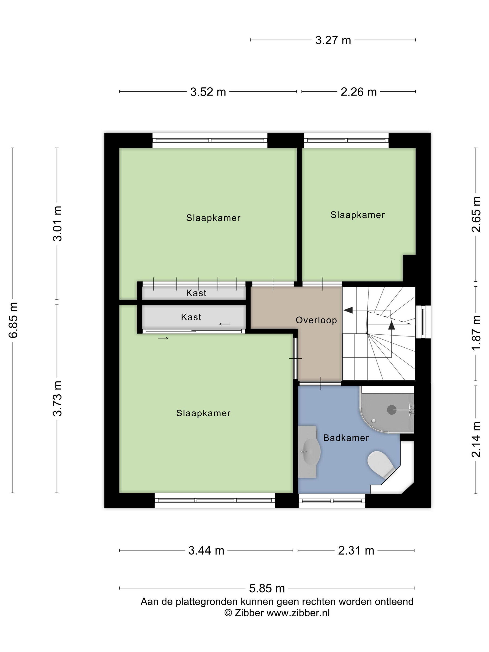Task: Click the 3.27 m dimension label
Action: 333,40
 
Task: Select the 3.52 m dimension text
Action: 208,92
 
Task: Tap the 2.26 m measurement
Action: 358,92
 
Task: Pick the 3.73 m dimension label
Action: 58,398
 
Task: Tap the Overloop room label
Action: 316,320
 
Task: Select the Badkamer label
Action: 346,438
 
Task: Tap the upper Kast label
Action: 196,293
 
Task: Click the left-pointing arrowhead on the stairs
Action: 348,310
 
